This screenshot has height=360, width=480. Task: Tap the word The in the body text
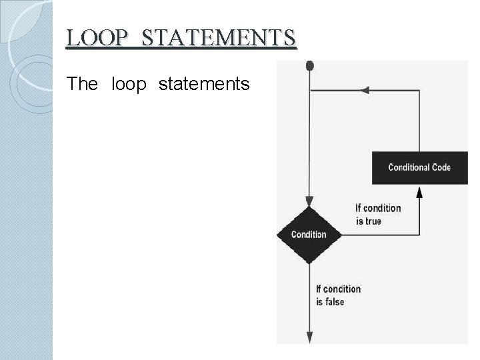point(83,85)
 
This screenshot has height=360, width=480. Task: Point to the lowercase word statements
point(204,85)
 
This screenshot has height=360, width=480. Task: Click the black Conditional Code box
point(419,167)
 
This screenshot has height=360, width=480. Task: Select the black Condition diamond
point(309,235)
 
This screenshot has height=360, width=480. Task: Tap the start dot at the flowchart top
point(309,65)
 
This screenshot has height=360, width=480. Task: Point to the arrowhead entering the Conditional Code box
point(419,191)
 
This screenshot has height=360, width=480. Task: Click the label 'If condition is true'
point(377,214)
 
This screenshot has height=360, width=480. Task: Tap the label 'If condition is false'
point(338,295)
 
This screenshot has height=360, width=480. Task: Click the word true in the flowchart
point(373,221)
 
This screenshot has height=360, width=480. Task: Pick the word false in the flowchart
point(335,301)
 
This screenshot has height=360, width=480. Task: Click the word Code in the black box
point(441,167)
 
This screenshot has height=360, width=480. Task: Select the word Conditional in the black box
point(409,167)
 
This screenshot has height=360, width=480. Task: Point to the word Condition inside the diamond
point(309,235)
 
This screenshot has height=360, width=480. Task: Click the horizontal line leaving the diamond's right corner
point(380,235)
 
